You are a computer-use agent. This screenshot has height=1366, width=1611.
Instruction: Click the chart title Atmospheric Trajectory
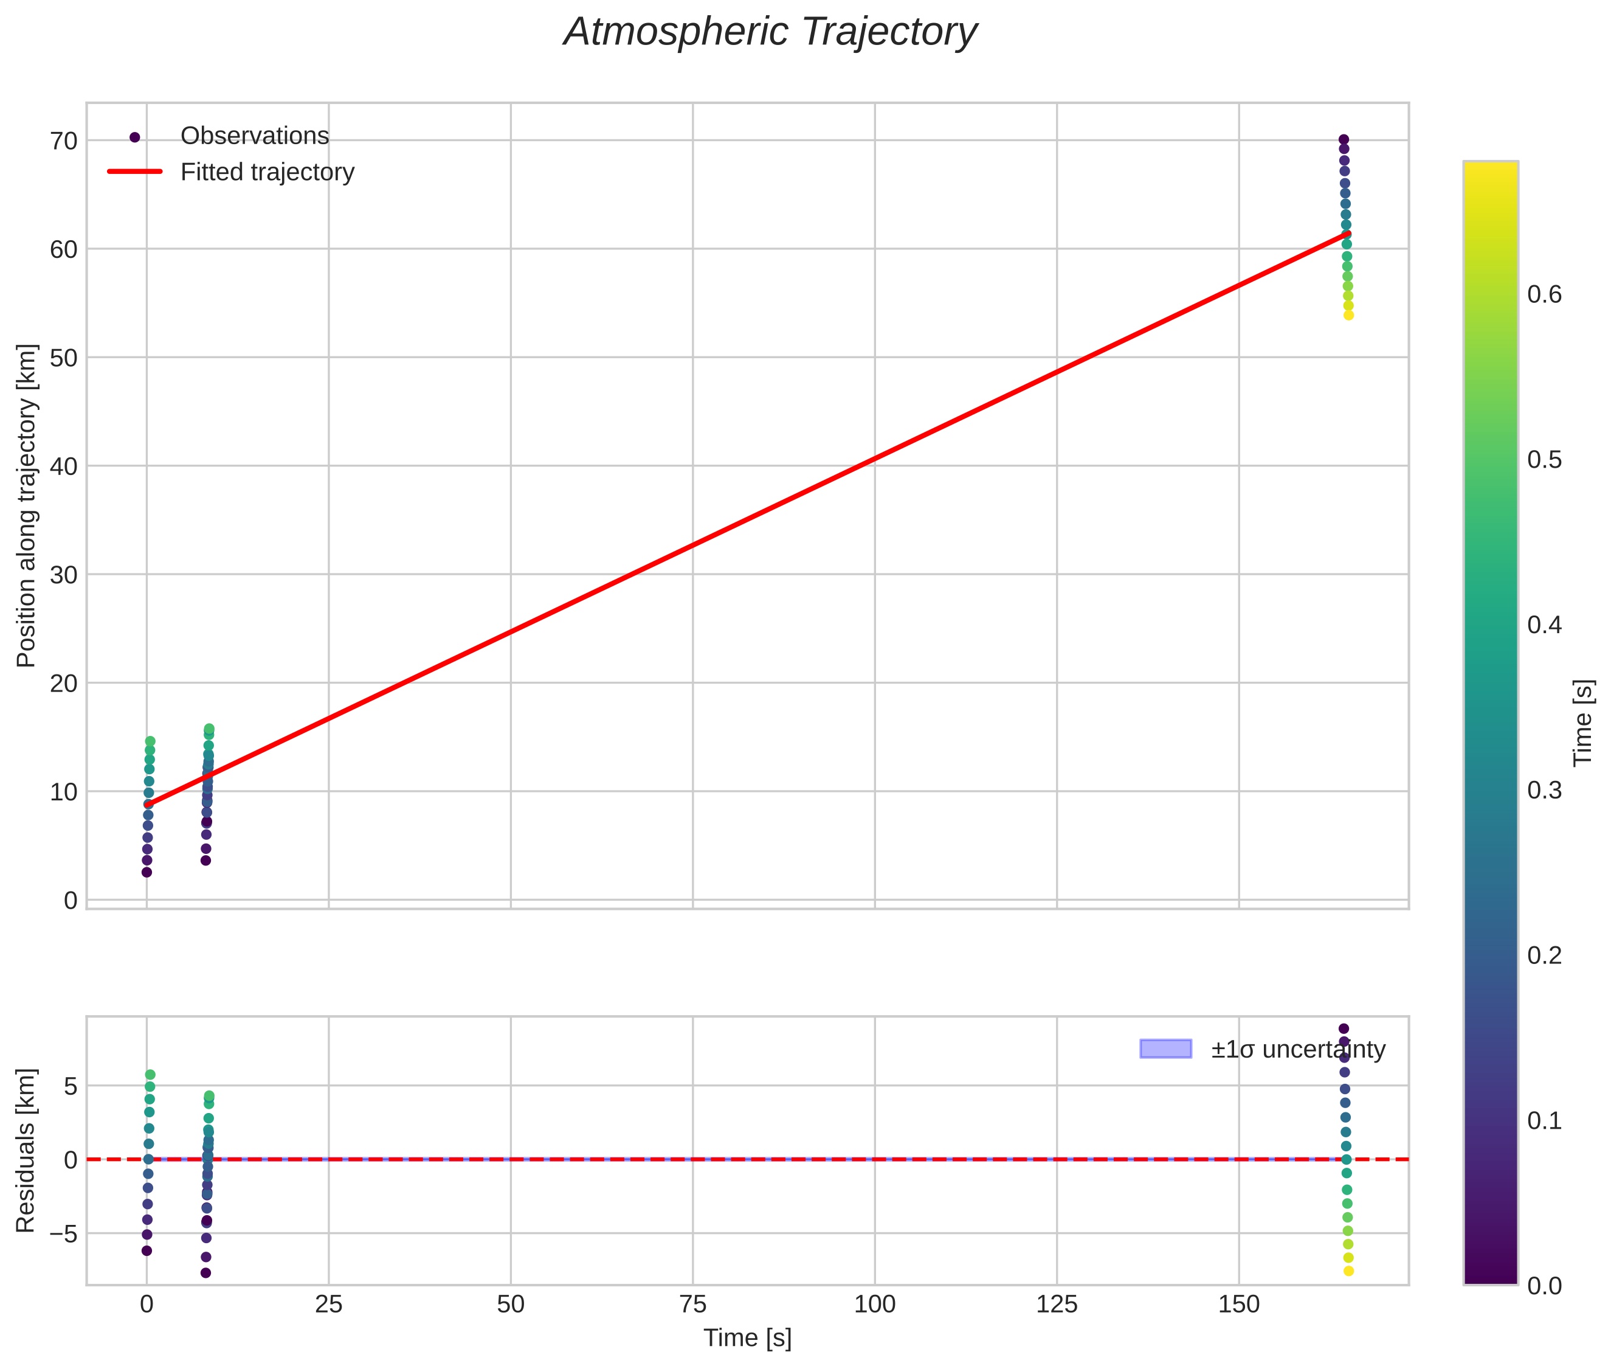[x=770, y=32]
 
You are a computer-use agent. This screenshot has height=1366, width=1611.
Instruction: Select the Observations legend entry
[x=254, y=136]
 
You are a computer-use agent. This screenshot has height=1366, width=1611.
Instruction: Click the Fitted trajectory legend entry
[x=267, y=172]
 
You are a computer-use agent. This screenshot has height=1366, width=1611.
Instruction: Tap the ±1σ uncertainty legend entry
[x=1297, y=1049]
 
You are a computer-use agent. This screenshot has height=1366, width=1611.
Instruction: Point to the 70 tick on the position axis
[x=65, y=141]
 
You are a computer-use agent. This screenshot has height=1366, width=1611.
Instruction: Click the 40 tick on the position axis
[x=65, y=466]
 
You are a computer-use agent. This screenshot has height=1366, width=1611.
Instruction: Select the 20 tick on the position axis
[x=65, y=683]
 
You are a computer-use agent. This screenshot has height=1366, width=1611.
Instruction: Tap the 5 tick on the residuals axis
[x=71, y=1086]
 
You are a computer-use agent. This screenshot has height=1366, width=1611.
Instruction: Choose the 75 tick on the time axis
[x=693, y=1305]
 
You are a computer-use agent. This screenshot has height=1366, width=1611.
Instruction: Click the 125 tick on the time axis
[x=1057, y=1305]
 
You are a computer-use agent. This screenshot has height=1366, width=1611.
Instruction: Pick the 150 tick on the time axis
[x=1238, y=1305]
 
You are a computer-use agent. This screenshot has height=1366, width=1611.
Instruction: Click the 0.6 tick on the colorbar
[x=1544, y=294]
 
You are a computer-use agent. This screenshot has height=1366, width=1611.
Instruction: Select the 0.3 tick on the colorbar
[x=1544, y=790]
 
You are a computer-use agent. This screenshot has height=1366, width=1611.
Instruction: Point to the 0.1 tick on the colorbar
[x=1544, y=1120]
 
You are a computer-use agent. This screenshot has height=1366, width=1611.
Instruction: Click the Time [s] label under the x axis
[x=747, y=1338]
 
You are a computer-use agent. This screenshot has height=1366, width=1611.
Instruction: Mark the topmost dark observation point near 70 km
[x=1344, y=140]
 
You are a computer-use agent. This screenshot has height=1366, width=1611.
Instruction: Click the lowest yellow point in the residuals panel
[x=1348, y=1271]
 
